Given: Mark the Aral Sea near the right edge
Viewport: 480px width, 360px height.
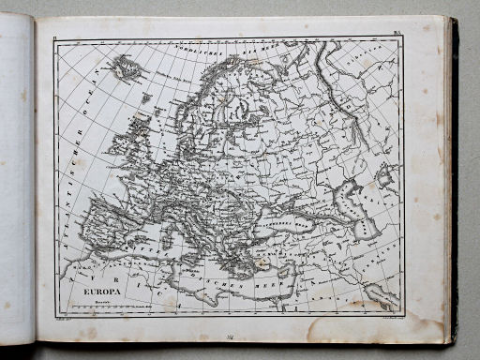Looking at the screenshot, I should [384, 173].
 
